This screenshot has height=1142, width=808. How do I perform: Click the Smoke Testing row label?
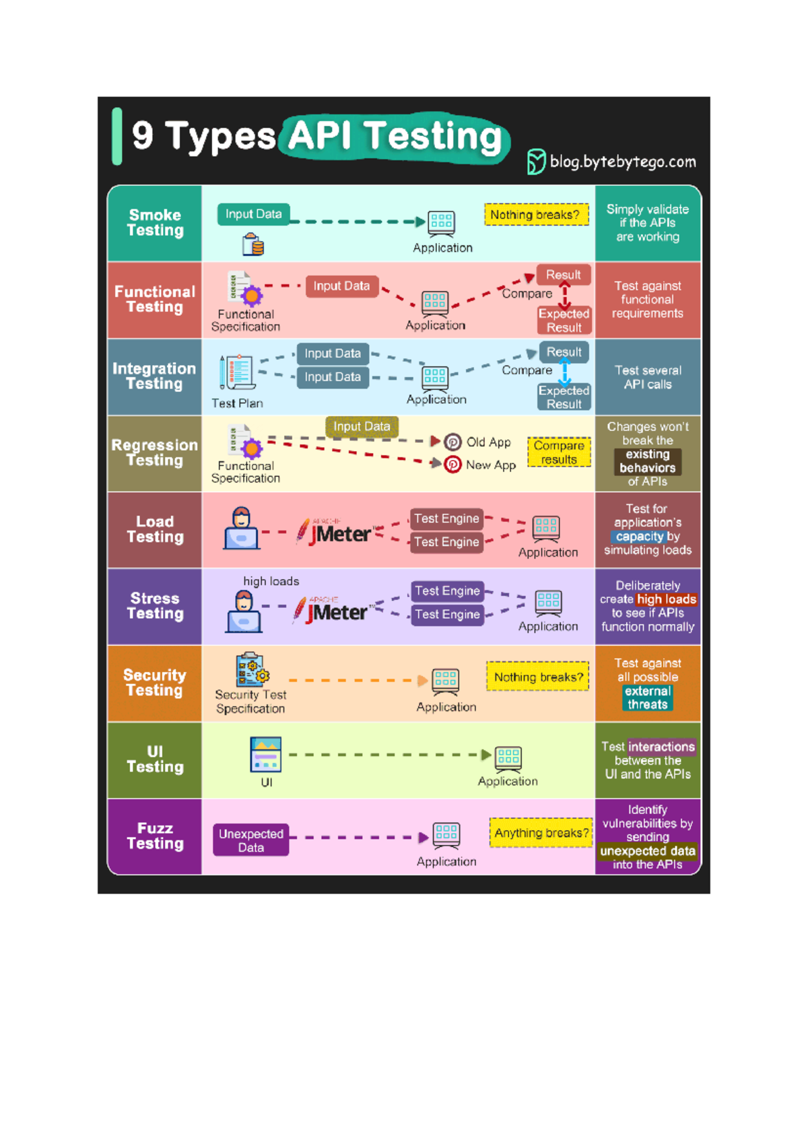coord(155,223)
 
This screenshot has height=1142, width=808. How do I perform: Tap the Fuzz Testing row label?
coord(155,836)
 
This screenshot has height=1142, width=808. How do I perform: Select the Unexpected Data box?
coord(251,840)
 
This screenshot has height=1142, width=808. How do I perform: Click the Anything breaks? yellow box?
coord(541,833)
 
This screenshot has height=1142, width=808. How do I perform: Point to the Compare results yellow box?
coord(559,452)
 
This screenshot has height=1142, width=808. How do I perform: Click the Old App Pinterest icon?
coord(452,442)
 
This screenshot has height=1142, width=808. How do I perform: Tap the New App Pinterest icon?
coord(452,465)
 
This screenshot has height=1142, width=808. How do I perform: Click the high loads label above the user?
coord(271,581)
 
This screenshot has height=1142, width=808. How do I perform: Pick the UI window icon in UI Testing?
coord(266,754)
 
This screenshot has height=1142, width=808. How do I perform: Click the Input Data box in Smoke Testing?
coord(253,214)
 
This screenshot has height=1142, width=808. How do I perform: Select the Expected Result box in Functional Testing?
coord(564,321)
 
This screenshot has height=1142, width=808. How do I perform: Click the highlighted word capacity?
coord(639,537)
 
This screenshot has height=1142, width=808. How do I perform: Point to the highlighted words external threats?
coord(647,698)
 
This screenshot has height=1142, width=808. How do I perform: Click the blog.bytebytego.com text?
coord(622,162)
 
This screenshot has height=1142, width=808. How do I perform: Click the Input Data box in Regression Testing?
coord(362,426)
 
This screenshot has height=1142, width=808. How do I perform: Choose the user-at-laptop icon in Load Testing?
coord(241,529)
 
